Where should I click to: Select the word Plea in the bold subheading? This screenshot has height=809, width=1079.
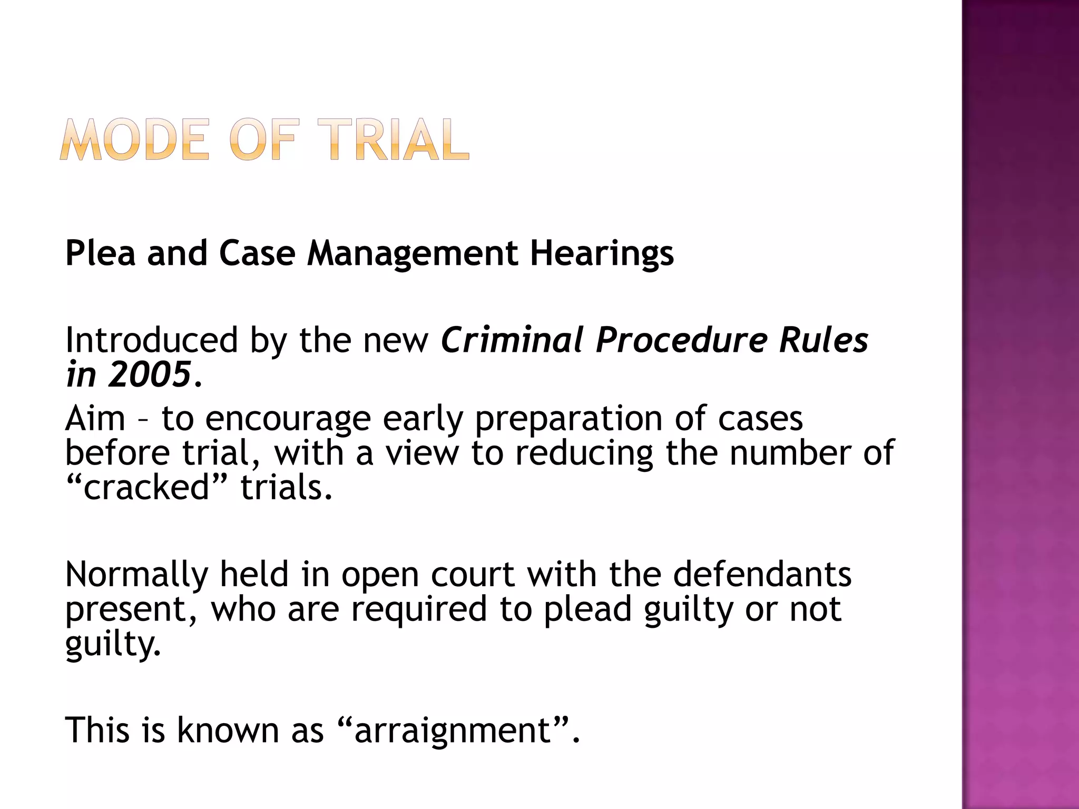click(x=100, y=254)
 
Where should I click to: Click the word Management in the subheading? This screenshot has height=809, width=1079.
click(x=413, y=254)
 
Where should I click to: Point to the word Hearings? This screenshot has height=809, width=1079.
click(x=602, y=254)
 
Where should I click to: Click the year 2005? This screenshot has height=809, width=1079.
click(x=149, y=374)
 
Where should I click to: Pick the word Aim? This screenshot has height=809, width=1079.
click(x=95, y=419)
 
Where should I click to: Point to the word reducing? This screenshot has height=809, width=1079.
click(x=584, y=453)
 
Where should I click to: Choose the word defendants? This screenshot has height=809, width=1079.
click(x=762, y=574)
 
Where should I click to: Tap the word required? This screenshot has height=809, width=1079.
click(x=419, y=610)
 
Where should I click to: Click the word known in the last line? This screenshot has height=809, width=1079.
click(x=227, y=731)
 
